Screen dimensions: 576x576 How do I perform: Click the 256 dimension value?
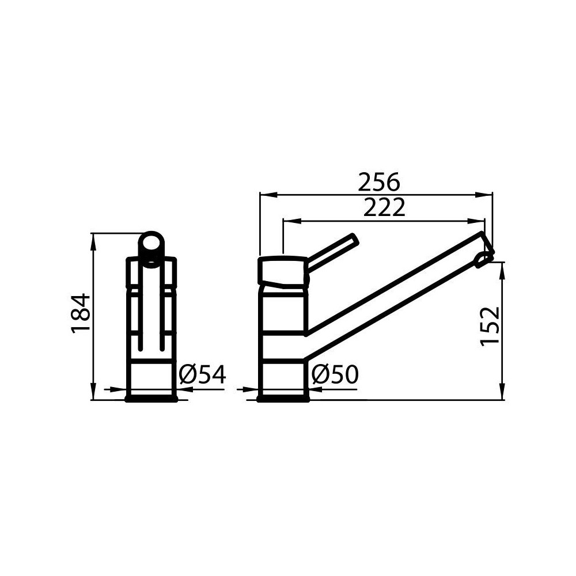(378, 183)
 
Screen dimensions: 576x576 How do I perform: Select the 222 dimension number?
(384, 208)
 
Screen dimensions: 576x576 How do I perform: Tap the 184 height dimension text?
(81, 312)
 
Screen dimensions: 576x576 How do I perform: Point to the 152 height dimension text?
(490, 325)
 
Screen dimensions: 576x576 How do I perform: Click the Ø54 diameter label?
(202, 375)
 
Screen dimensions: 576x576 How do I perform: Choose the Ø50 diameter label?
(335, 375)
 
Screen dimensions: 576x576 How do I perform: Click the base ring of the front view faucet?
(151, 397)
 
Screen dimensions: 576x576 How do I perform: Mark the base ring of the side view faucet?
(283, 397)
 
